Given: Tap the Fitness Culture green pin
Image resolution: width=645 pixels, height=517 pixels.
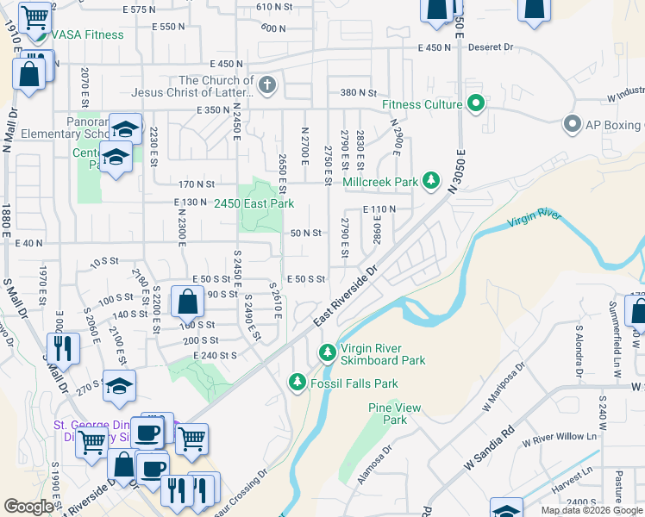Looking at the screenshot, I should pyautogui.click(x=475, y=105).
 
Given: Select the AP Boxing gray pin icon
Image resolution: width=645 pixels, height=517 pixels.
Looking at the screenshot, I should pyautogui.click(x=572, y=124).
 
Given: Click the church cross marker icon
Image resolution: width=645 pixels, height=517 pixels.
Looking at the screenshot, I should pyautogui.click(x=267, y=86).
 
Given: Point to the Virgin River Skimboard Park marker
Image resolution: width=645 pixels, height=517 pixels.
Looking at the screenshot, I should pyautogui.click(x=327, y=352).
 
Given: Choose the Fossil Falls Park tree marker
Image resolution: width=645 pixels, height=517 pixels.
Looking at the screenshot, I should pyautogui.click(x=297, y=381).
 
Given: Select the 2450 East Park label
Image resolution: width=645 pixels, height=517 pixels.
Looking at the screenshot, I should pyautogui.click(x=254, y=203).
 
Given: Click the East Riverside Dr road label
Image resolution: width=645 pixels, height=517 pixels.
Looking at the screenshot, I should pyautogui.click(x=346, y=296).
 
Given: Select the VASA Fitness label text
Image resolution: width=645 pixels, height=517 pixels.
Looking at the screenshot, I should pyautogui.click(x=87, y=35).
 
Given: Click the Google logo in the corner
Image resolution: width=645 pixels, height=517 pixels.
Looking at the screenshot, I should pyautogui.click(x=28, y=507).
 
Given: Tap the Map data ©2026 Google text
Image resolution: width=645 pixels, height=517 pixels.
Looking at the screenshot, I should pyautogui.click(x=592, y=510).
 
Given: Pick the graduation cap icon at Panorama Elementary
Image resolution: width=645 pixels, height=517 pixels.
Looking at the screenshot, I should pyautogui.click(x=126, y=129).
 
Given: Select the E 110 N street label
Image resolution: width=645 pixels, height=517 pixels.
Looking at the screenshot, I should pyautogui.click(x=379, y=209).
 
